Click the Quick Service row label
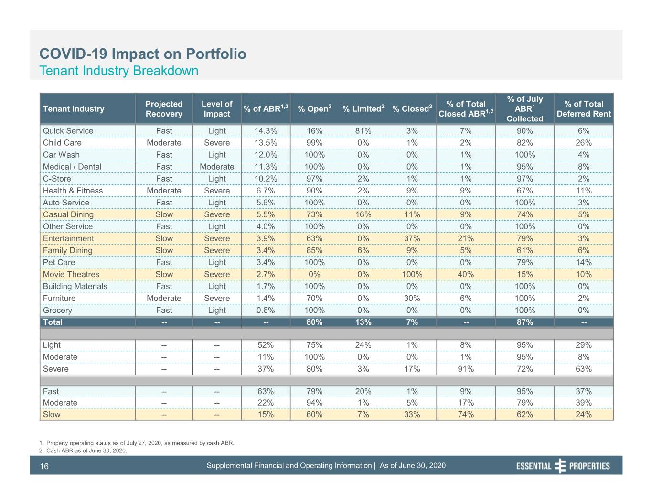(x=68, y=131)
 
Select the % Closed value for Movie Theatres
(x=412, y=274)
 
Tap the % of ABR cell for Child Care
(x=266, y=143)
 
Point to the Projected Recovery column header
(x=164, y=108)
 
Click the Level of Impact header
(x=217, y=108)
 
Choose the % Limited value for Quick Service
(x=363, y=131)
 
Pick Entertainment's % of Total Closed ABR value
(x=466, y=238)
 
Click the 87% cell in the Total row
(x=524, y=322)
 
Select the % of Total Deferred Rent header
(x=584, y=108)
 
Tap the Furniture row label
(x=59, y=298)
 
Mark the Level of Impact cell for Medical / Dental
(x=217, y=167)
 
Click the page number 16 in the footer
(x=44, y=466)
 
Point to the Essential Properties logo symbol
(x=560, y=466)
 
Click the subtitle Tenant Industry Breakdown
(x=119, y=71)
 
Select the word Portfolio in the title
(x=216, y=54)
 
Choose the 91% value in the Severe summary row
(x=466, y=369)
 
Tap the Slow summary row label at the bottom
(x=52, y=414)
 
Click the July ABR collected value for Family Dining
(x=524, y=250)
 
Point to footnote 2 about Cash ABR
(x=83, y=450)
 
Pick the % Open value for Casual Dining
(x=314, y=214)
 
